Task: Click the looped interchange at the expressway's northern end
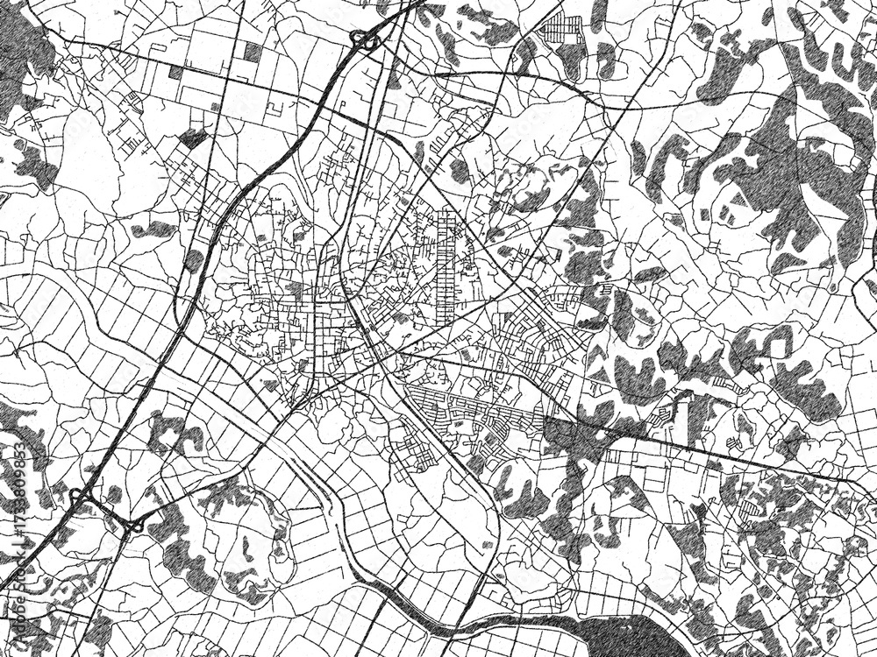click(x=365, y=39)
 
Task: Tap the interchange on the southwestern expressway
click(x=83, y=500)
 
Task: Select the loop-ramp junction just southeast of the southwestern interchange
click(x=135, y=526)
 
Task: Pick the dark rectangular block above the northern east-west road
click(x=253, y=52)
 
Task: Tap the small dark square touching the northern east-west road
click(x=175, y=73)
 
